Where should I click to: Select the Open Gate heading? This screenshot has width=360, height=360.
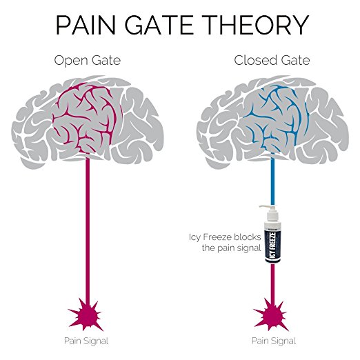88,61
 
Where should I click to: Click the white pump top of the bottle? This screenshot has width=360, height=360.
268,207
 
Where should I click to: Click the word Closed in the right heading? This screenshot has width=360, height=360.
252,61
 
